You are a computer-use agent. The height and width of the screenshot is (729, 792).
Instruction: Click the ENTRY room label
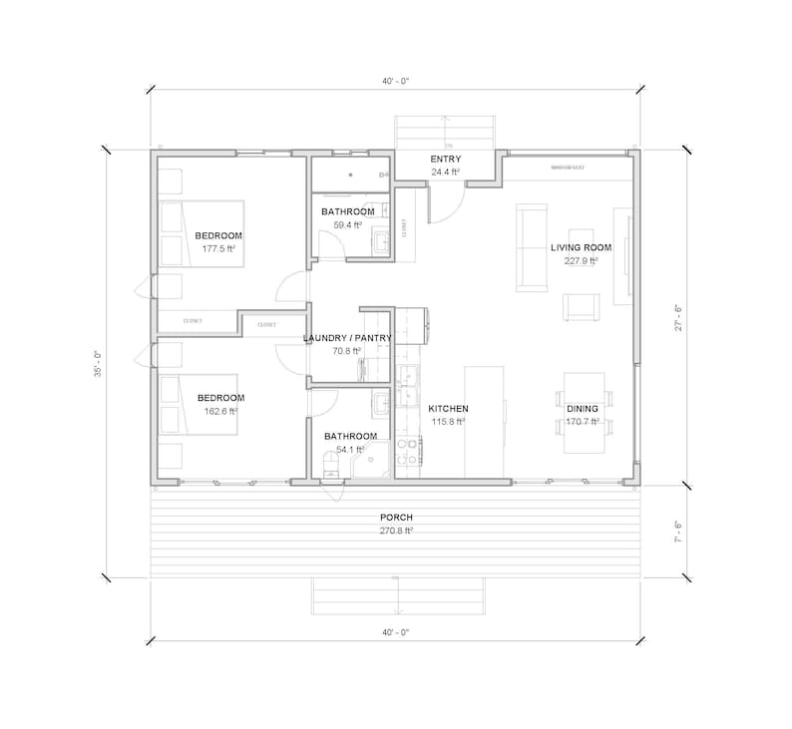(x=445, y=160)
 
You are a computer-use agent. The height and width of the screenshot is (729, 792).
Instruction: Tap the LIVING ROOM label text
(x=581, y=246)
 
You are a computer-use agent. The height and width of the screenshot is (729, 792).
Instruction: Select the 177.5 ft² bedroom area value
(x=218, y=249)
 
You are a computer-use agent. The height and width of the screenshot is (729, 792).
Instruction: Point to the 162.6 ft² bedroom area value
(x=218, y=411)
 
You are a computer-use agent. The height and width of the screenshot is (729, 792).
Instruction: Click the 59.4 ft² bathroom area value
(x=347, y=226)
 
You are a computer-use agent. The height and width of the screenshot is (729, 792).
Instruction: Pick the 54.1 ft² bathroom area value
(x=350, y=450)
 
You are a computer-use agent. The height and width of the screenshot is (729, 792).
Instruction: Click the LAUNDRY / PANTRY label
(x=347, y=338)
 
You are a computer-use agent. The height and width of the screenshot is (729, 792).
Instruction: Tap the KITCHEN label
(x=448, y=409)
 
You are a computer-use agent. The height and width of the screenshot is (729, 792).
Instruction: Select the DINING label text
(x=582, y=409)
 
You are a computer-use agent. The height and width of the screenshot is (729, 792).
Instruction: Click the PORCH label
(x=396, y=518)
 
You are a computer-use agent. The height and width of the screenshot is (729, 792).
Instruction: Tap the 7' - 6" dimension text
(x=679, y=531)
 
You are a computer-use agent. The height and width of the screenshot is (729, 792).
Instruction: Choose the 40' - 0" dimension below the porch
(x=396, y=632)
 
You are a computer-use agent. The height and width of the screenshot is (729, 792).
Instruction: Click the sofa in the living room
(x=530, y=247)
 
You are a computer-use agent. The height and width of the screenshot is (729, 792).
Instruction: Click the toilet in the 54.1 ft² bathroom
(x=331, y=463)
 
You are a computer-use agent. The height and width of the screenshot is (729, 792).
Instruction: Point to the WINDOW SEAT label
(x=568, y=168)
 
